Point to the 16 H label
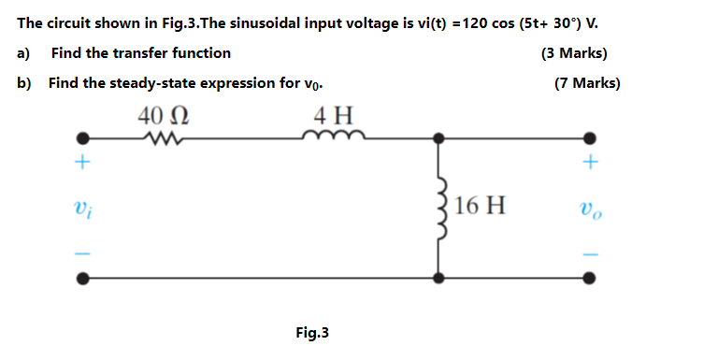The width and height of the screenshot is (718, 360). [x=482, y=206]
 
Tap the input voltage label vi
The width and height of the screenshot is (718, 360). [x=82, y=207]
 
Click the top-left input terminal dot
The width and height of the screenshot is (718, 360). [x=83, y=138]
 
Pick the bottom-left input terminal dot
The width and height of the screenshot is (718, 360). [x=83, y=278]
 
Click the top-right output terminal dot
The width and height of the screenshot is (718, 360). [x=589, y=138]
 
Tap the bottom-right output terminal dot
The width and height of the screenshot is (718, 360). [x=589, y=278]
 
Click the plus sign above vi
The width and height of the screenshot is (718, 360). [x=82, y=165]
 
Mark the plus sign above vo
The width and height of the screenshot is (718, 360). [x=589, y=165]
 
